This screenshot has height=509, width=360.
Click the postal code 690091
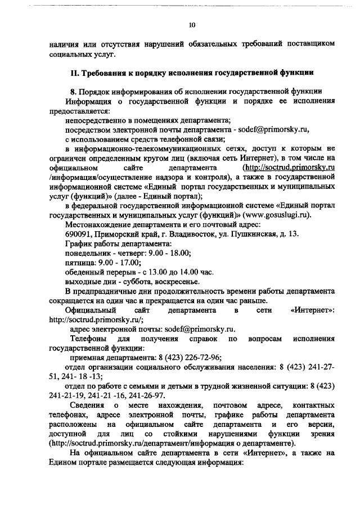pos(79,234)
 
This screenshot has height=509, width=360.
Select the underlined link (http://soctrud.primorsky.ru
pos(288,168)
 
